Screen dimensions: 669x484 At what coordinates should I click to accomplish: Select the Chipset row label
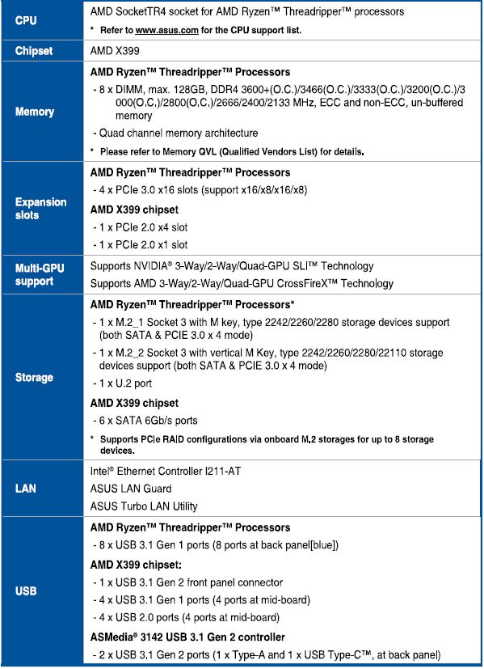(x=34, y=50)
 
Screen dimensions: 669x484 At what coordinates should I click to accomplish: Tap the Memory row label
(x=35, y=112)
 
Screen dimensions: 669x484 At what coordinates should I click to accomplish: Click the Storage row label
(x=34, y=377)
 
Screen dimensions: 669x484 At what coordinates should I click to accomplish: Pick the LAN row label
(x=26, y=489)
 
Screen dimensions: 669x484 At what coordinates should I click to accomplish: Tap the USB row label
(x=26, y=591)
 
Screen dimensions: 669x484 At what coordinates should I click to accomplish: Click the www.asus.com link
(x=167, y=30)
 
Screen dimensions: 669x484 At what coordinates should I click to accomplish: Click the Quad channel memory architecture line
(x=177, y=133)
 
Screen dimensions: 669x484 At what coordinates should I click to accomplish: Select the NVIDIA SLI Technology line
(x=231, y=266)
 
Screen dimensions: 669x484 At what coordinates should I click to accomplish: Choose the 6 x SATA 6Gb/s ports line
(x=145, y=420)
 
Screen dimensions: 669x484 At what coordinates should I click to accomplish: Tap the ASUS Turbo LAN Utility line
(x=143, y=506)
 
